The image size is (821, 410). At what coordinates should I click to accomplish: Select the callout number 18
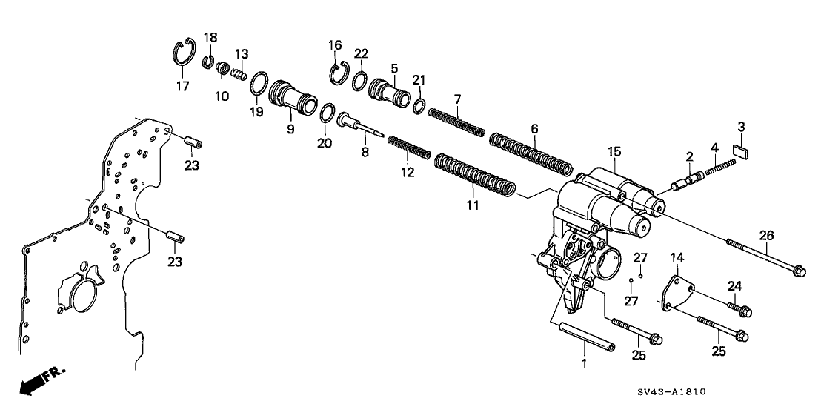(210, 37)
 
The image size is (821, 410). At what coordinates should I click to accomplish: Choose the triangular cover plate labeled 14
(677, 293)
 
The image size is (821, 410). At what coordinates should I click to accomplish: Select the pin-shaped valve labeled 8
(362, 124)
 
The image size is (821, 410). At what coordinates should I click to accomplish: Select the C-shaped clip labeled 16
(339, 71)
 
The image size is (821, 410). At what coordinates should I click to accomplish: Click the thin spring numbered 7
(457, 122)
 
